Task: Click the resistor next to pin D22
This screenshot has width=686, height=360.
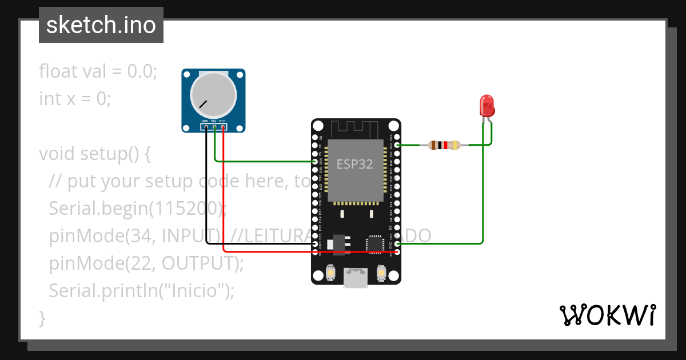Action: [x=444, y=145]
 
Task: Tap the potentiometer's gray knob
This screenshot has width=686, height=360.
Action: [x=213, y=95]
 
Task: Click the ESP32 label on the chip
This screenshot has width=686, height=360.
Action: [x=354, y=165]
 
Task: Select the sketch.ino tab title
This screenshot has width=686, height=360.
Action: [x=101, y=25]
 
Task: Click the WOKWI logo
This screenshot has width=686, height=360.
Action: [x=607, y=315]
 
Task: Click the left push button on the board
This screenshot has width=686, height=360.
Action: [x=330, y=274]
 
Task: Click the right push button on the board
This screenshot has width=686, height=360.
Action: [x=381, y=274]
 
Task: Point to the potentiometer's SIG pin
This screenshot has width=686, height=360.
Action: [x=214, y=127]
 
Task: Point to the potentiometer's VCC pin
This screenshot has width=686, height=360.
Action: [x=222, y=127]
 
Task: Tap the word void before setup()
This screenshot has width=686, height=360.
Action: [x=57, y=154]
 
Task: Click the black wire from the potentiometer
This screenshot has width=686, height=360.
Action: [x=206, y=189]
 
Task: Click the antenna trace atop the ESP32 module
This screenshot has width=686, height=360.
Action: [x=356, y=128]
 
